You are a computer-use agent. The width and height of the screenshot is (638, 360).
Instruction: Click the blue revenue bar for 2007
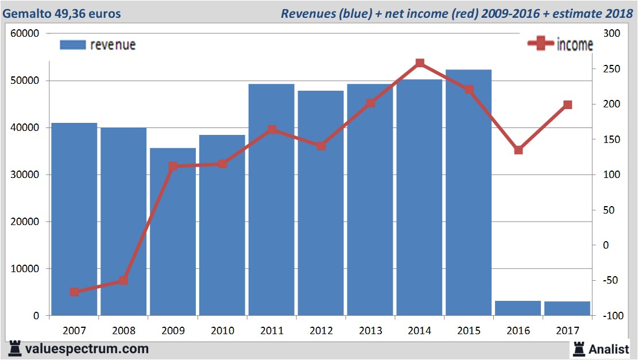[75, 218]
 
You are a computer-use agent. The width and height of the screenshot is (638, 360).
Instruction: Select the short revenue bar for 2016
[518, 308]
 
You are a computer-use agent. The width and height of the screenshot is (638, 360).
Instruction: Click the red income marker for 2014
[420, 63]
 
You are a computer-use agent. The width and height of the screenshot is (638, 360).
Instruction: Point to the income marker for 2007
[75, 292]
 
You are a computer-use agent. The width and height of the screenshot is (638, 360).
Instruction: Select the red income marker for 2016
[518, 150]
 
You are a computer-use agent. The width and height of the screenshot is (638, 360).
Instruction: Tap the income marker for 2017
[567, 104]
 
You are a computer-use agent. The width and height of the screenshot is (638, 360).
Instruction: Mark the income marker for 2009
[173, 167]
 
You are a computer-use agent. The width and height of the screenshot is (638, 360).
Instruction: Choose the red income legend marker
[540, 44]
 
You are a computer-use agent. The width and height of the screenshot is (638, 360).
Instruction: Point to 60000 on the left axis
[25, 33]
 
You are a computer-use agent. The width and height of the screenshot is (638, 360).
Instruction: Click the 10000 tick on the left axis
[25, 269]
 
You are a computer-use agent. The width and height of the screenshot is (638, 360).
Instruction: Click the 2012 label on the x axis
[321, 331]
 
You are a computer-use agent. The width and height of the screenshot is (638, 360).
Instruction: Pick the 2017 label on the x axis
[567, 331]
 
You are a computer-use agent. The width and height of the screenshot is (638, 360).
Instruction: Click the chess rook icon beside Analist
[579, 348]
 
